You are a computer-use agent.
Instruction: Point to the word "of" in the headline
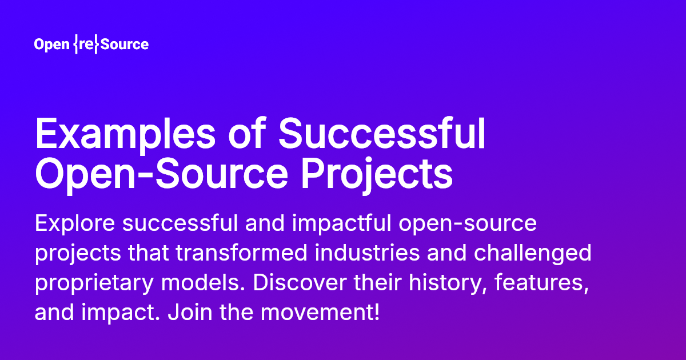(247, 133)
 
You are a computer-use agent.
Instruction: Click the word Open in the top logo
(52, 45)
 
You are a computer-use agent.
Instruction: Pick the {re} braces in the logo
(87, 44)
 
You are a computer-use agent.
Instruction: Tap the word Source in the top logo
(125, 44)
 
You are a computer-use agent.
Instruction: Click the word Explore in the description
(75, 224)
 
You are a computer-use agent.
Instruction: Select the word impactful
(341, 224)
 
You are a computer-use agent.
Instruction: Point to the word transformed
(241, 253)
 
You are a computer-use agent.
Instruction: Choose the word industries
(367, 253)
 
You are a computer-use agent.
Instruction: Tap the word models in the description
(204, 282)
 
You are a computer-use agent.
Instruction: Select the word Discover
(300, 282)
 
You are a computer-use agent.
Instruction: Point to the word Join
(190, 311)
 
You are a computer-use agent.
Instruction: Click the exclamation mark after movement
(376, 311)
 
